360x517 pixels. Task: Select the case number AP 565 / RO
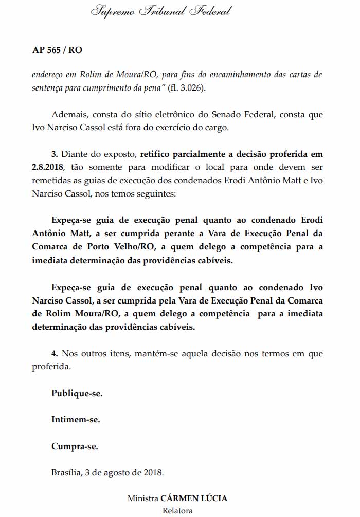coord(57,50)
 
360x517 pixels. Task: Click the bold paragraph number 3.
coord(54,154)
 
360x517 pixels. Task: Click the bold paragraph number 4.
coord(54,353)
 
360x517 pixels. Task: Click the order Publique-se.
coord(77,393)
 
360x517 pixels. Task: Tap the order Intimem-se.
coord(76,419)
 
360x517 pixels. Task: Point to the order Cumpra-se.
coord(75,446)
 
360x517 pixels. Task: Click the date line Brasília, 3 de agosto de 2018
coord(107,472)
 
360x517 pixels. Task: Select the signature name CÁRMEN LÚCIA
coord(194,498)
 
